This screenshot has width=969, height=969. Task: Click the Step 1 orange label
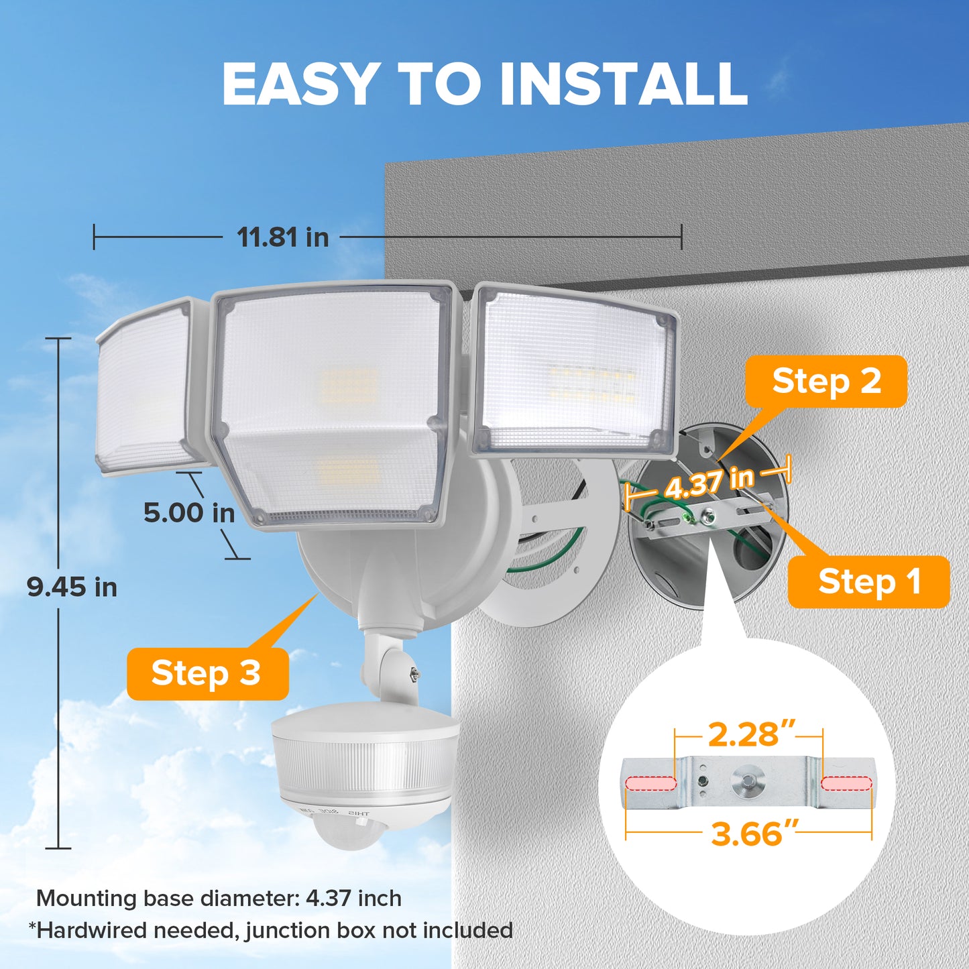[x=868, y=582]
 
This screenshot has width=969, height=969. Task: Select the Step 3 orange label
[x=208, y=673]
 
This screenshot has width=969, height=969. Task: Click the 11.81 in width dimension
[x=283, y=237]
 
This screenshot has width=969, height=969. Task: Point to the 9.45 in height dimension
[x=72, y=587]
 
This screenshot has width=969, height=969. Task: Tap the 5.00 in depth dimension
[x=189, y=513]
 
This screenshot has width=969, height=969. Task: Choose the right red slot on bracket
[x=846, y=783]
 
